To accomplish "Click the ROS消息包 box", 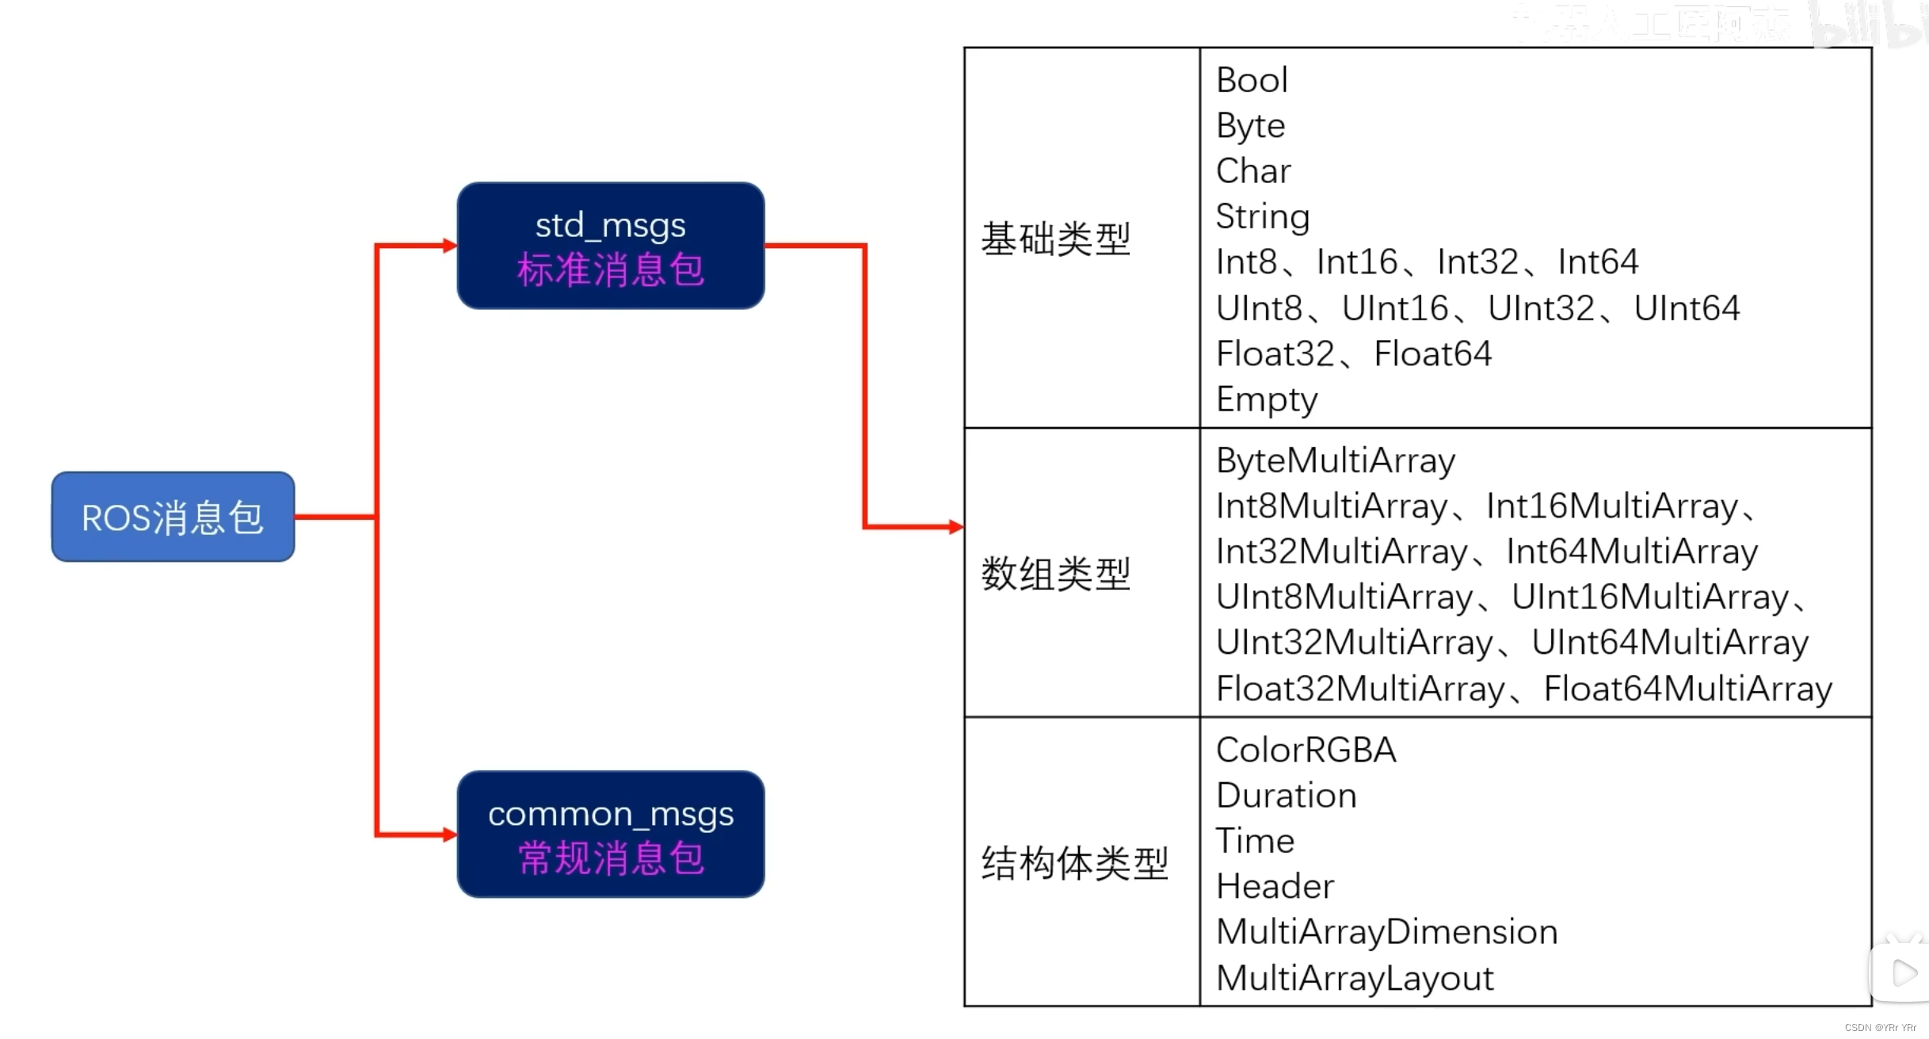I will [173, 517].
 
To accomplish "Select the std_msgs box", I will [610, 245].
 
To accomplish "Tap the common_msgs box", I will [610, 833].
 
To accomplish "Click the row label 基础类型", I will [1055, 239].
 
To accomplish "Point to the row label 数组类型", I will [1055, 573].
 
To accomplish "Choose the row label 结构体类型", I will [1074, 862].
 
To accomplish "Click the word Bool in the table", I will [1252, 80].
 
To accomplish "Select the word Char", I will [1253, 171].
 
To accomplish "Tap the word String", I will [1263, 217].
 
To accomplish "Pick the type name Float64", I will [1432, 353].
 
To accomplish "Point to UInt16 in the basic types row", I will [1394, 308].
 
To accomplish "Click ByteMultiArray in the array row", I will [1336, 460].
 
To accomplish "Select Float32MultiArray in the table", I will [1360, 689].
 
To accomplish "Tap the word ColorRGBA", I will [1306, 750].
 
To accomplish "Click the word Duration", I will [1286, 796].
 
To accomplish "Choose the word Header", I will [1275, 887].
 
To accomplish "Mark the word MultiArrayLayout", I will [1355, 978].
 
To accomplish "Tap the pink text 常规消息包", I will [610, 858].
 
